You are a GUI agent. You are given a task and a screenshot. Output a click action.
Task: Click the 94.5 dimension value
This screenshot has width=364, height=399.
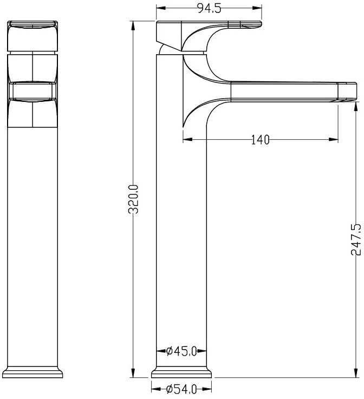(209, 8)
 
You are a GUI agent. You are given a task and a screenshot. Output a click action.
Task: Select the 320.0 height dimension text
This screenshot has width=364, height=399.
(133, 199)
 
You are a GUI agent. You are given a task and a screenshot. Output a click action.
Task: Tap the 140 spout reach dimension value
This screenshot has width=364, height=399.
(261, 140)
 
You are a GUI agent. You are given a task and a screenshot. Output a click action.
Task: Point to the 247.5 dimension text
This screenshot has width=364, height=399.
(356, 239)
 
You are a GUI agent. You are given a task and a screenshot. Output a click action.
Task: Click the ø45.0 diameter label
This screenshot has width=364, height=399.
(181, 351)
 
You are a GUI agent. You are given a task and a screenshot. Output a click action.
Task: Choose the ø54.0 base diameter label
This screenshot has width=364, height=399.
(181, 389)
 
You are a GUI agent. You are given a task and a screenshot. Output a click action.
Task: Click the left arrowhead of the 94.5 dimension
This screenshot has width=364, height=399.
(161, 8)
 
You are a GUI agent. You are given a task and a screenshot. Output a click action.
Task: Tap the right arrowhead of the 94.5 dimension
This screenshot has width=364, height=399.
(257, 8)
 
